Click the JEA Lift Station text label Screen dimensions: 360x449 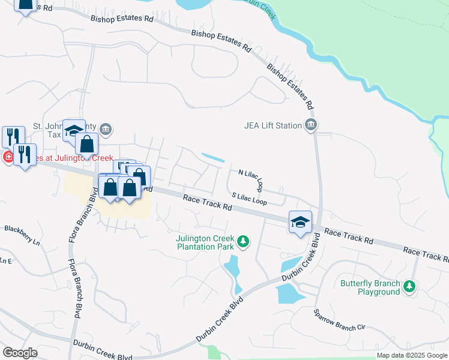273,125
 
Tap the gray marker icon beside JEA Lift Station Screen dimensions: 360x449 311,125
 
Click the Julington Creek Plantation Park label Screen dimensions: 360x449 204,242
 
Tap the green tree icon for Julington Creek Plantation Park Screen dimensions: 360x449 243,242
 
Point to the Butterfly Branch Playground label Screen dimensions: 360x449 370,287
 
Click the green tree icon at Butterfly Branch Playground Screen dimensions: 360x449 409,287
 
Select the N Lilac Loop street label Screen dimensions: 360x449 252,180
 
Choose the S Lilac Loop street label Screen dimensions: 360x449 249,198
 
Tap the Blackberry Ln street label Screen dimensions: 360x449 22,228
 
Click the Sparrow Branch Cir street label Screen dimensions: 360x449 339,320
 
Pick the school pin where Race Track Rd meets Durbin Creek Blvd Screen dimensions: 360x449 300,222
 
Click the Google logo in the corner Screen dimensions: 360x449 20,352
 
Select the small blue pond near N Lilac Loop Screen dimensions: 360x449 213,158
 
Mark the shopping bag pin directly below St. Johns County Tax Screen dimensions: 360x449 86,145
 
